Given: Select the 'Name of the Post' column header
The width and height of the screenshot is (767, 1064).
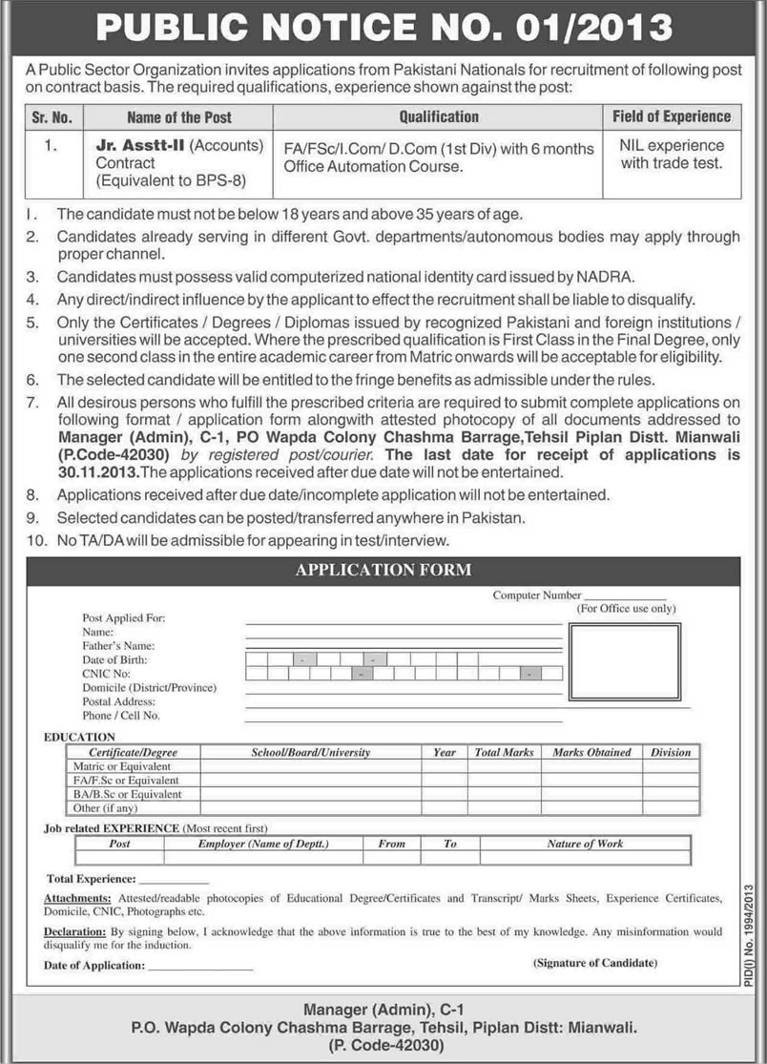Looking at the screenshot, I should (x=178, y=117).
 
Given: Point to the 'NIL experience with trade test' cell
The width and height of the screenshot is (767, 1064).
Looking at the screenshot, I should (x=672, y=155).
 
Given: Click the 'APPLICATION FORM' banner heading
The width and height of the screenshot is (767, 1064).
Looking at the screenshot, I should (x=383, y=570).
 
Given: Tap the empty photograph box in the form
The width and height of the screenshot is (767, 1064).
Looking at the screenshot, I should (x=624, y=664).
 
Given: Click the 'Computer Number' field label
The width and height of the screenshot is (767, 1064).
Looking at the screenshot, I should (x=536, y=595).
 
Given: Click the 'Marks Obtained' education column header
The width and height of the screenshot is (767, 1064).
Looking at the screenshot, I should (x=591, y=752).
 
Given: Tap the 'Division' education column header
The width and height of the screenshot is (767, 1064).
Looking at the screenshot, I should (x=671, y=752).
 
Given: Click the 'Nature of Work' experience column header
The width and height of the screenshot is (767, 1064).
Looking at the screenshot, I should (x=585, y=844).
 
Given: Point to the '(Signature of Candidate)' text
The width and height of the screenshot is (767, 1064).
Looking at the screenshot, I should (x=595, y=963).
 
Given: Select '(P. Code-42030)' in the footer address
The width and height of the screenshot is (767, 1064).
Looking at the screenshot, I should (x=383, y=1047).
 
